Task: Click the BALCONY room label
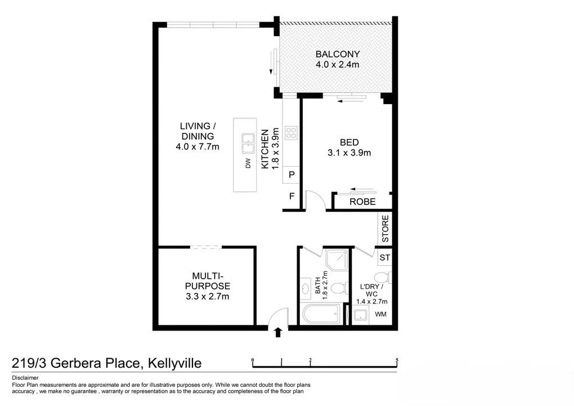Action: point(337,54)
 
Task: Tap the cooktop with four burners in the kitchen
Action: point(292,133)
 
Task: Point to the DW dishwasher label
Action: point(247,164)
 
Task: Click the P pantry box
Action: point(292,175)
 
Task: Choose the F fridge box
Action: point(292,197)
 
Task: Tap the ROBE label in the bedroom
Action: point(362,202)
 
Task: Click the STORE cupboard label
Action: point(385,229)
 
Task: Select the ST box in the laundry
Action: point(385,258)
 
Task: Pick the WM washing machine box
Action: point(380,314)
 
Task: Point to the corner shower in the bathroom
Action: point(337,260)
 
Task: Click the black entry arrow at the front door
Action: point(277,333)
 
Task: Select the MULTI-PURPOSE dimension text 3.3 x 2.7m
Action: point(207,296)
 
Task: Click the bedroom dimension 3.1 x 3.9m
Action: point(348,153)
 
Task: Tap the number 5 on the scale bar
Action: point(397,359)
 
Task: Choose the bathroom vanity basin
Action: point(306,289)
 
